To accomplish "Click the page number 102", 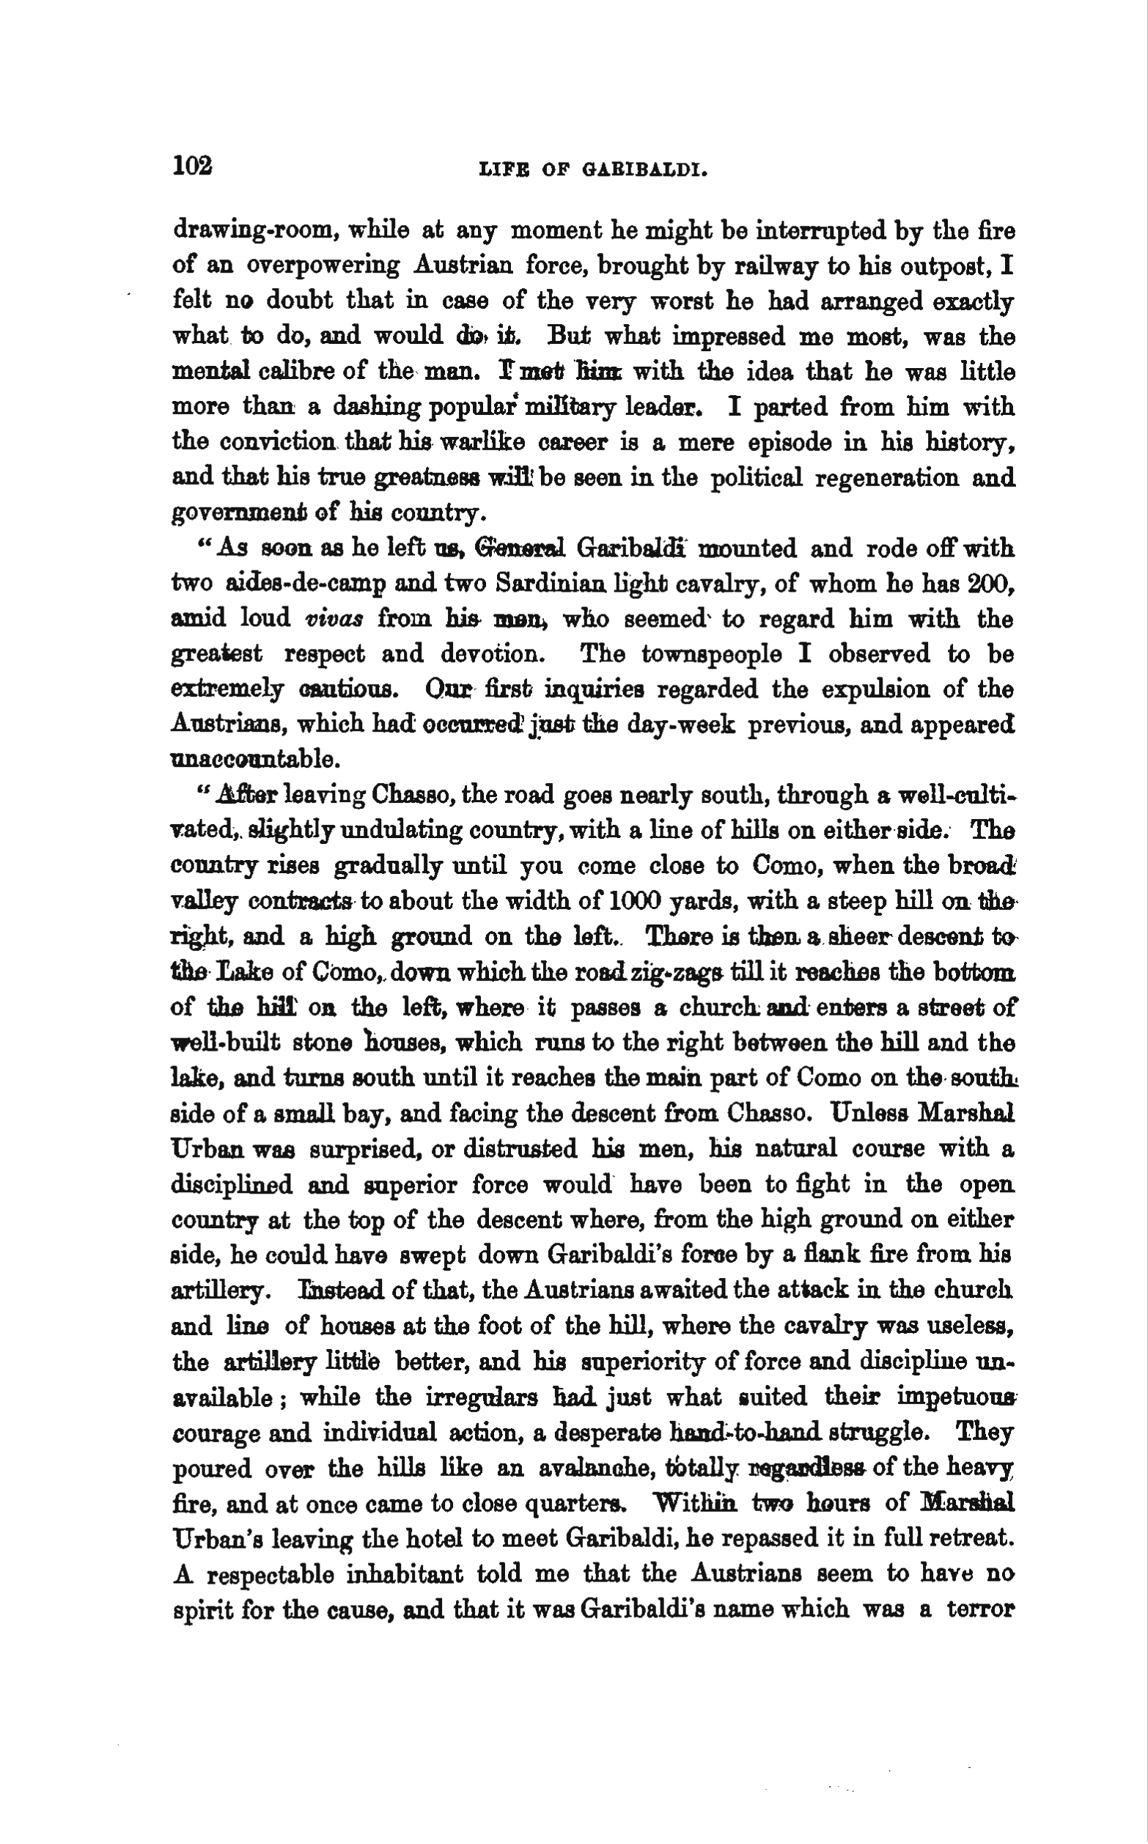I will coord(193,165).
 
